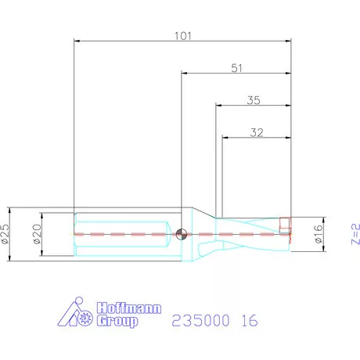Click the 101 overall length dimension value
[x=182, y=35]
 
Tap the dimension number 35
[x=253, y=100]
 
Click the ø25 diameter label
[x=7, y=232]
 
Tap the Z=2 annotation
[x=354, y=233]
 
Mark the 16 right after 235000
[x=248, y=321]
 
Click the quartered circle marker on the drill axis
[x=182, y=232]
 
